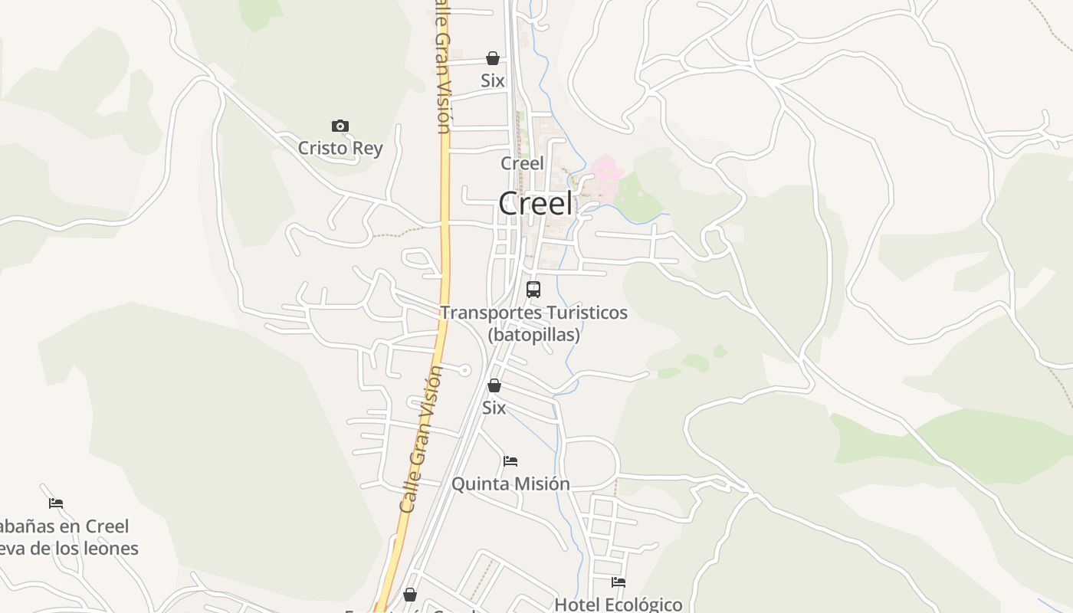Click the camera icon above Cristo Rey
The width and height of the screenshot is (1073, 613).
[x=340, y=126]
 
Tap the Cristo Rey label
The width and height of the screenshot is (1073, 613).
[x=340, y=148]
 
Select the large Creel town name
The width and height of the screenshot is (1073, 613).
[x=535, y=204]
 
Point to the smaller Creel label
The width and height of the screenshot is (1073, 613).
[x=522, y=163]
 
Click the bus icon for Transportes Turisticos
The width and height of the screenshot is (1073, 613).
[x=533, y=290]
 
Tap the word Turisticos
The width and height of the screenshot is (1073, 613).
[x=586, y=313]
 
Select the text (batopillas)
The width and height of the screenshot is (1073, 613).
[x=533, y=335]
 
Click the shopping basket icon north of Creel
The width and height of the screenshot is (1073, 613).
[x=493, y=58]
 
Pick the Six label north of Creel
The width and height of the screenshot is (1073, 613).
[x=493, y=80]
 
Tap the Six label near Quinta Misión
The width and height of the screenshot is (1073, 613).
[x=494, y=408]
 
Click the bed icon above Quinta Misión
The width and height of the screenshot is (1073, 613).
[x=510, y=461]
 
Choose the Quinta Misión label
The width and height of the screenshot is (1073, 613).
[x=510, y=484]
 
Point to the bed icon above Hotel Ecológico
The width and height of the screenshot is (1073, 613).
[x=619, y=582]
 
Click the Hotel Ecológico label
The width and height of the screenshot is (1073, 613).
[x=618, y=604]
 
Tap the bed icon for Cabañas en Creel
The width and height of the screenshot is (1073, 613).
[x=56, y=503]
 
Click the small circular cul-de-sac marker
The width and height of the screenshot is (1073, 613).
[x=464, y=370]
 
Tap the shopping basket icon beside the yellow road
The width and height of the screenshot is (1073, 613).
[x=410, y=595]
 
